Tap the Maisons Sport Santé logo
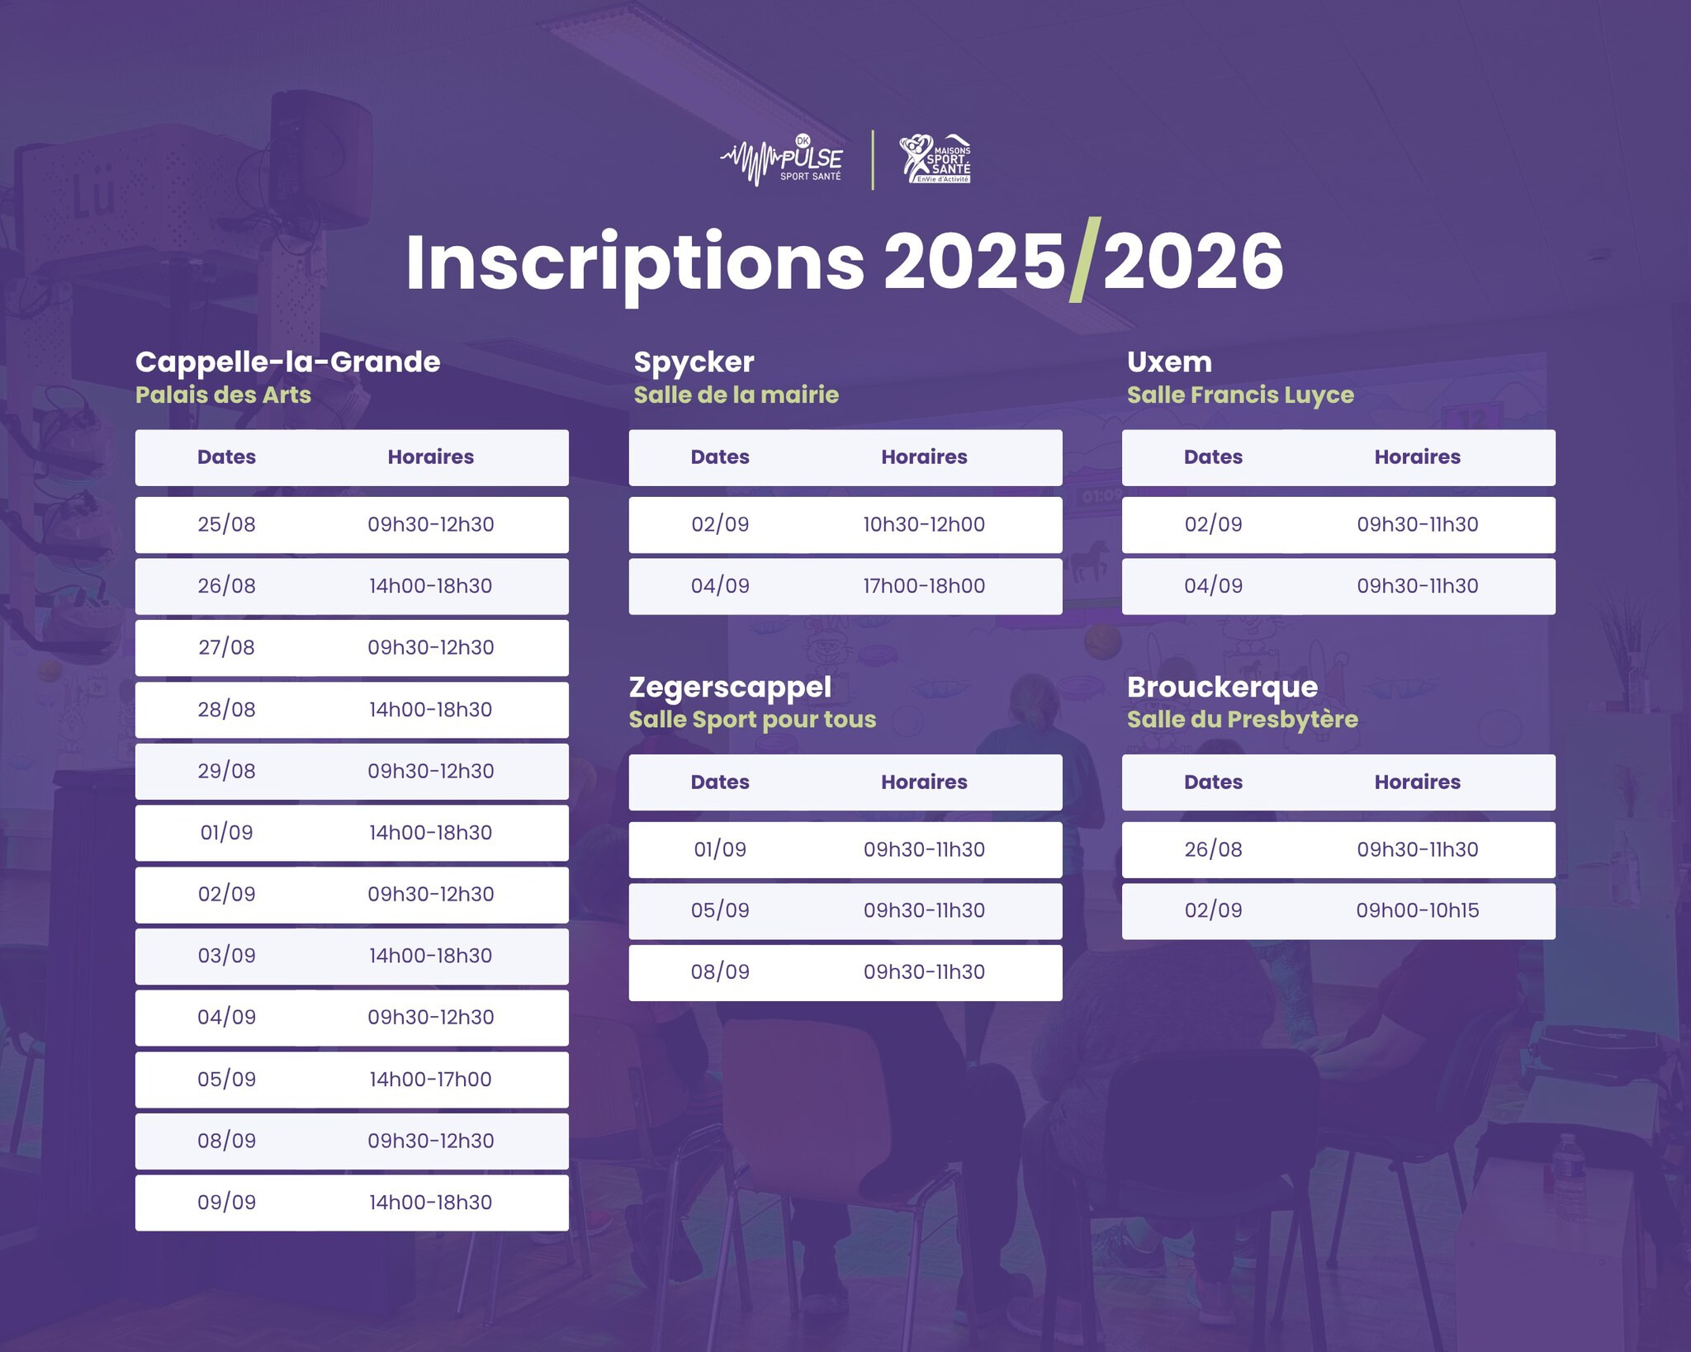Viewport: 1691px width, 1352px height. (935, 159)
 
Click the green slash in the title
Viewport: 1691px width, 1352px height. (1084, 260)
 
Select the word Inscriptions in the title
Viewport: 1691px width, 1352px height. (635, 263)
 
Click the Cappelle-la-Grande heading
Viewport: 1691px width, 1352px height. (287, 362)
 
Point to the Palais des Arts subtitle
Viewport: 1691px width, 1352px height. (223, 395)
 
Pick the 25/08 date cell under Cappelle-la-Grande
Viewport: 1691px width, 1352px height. (226, 524)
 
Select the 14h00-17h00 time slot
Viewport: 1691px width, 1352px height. (430, 1079)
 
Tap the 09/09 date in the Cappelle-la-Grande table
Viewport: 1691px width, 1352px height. (226, 1202)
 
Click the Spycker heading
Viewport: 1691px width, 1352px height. (694, 362)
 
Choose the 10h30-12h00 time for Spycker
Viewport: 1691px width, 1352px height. (924, 524)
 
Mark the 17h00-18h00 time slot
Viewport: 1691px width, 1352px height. (924, 586)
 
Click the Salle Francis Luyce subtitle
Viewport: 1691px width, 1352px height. (1240, 395)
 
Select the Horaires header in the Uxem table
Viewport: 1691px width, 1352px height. (1417, 456)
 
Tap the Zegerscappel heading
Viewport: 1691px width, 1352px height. (730, 687)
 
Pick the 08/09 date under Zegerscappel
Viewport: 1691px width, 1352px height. (720, 971)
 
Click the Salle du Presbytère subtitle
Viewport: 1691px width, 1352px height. (1242, 719)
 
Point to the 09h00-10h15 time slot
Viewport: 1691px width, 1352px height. (1417, 910)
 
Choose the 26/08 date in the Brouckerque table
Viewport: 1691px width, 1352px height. (1213, 849)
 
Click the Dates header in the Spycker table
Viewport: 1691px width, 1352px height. (720, 456)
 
